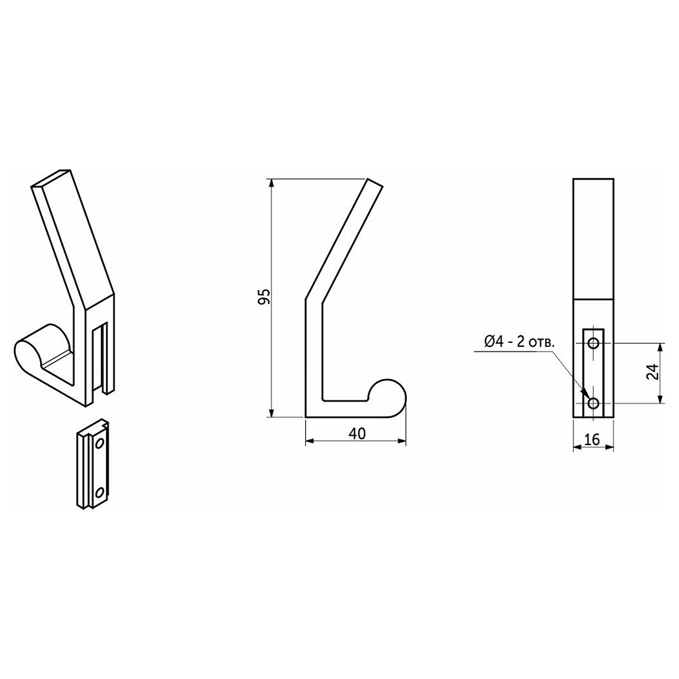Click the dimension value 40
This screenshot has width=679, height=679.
point(357,434)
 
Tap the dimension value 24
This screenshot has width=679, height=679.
point(652,372)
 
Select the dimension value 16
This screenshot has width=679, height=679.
point(592,439)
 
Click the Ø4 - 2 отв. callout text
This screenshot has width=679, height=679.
point(519,342)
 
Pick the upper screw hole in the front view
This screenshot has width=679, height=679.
point(594,343)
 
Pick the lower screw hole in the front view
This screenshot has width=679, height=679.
point(594,403)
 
